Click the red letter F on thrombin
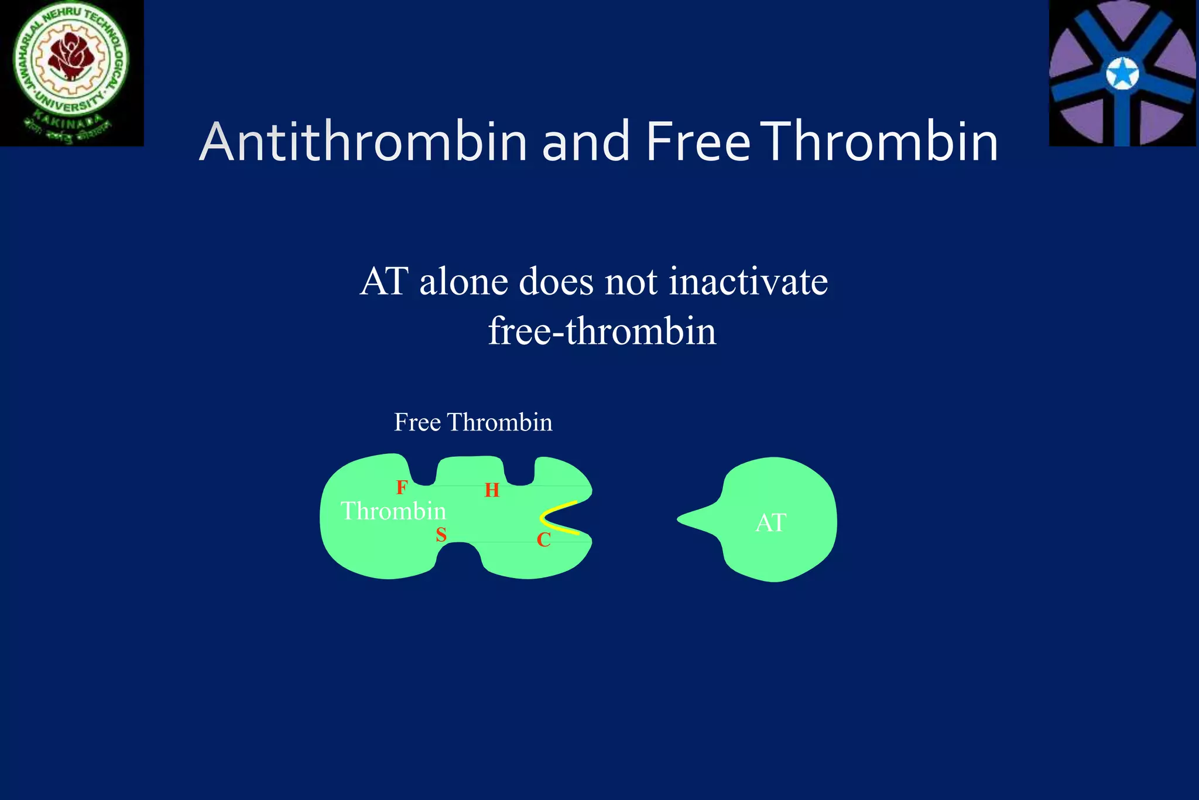click(x=402, y=487)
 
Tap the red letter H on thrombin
click(x=492, y=490)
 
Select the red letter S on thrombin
click(x=441, y=535)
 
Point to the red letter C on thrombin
click(x=543, y=540)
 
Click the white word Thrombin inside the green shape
click(x=393, y=511)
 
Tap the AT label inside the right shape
click(x=770, y=522)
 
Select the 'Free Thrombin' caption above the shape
click(x=473, y=422)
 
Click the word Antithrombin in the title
click(x=364, y=142)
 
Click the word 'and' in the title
click(x=585, y=142)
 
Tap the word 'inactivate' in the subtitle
click(x=748, y=282)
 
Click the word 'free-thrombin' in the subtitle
click(x=602, y=331)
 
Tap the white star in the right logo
click(x=1122, y=75)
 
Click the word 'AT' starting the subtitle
click(x=383, y=282)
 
